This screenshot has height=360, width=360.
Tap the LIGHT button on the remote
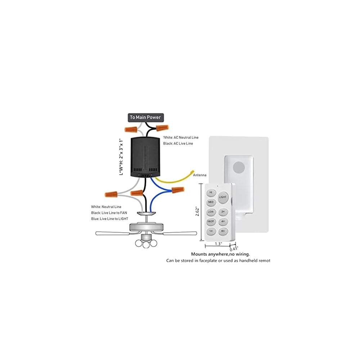click(x=222, y=197)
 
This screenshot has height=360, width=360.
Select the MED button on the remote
click(x=211, y=202)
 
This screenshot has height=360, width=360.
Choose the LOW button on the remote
click(x=211, y=212)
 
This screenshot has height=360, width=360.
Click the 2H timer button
click(x=223, y=212)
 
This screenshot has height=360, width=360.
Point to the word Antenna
click(x=200, y=175)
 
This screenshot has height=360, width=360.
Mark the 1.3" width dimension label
click(x=218, y=244)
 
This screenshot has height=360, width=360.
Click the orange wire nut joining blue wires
click(x=177, y=190)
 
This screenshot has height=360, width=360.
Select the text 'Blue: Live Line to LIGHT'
click(x=109, y=219)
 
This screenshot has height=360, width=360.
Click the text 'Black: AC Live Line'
click(x=178, y=143)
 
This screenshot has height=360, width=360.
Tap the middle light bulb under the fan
click(x=147, y=244)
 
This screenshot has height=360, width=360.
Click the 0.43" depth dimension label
click(x=234, y=248)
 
